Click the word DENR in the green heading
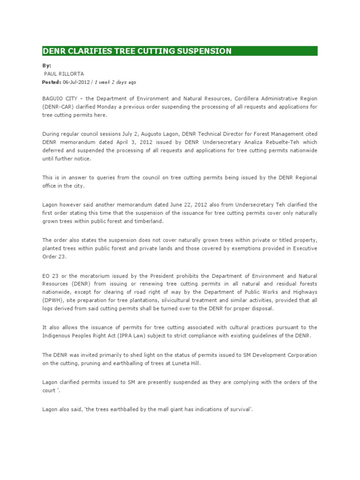click(55, 51)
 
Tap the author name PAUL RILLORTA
click(64, 74)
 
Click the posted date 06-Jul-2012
click(77, 82)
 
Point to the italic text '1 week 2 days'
click(111, 82)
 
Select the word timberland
click(148, 221)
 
